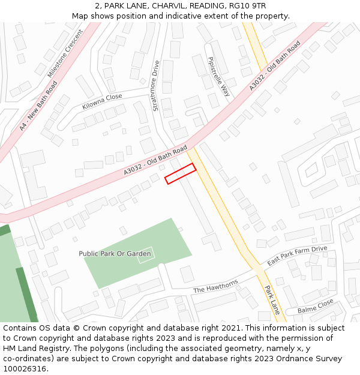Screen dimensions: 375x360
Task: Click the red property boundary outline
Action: [x=181, y=173]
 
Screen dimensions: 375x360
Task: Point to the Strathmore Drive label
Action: [x=156, y=86]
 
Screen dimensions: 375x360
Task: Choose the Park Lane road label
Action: [x=272, y=299]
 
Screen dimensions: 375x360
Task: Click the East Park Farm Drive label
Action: [x=297, y=256]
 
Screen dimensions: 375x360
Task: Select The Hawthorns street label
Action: [x=215, y=286]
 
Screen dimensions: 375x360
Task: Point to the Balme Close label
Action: [x=316, y=306]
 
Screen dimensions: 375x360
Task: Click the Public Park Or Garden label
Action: [x=115, y=254]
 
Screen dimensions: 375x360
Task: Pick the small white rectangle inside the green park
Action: [x=146, y=254]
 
